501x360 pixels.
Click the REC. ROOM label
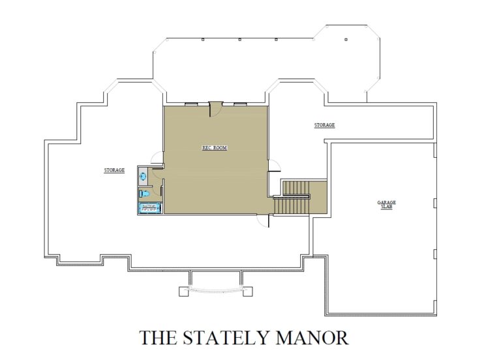click(x=215, y=148)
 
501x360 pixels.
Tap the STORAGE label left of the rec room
click(x=114, y=170)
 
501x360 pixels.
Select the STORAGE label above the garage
click(x=324, y=125)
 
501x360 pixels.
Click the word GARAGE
click(x=386, y=202)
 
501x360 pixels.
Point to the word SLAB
click(x=386, y=207)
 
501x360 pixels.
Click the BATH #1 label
click(x=149, y=207)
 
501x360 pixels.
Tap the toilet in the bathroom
click(x=145, y=193)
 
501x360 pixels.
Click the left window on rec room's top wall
click(x=192, y=104)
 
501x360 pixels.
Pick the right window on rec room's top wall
click(x=240, y=104)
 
